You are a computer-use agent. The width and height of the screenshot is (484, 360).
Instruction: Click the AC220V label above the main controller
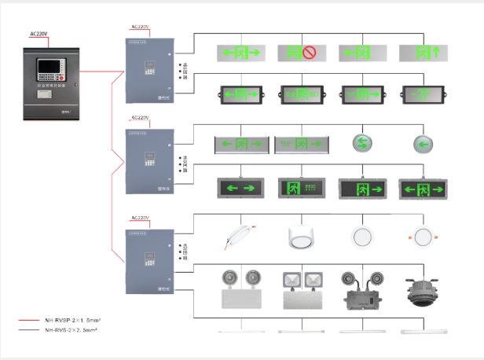tap(39, 34)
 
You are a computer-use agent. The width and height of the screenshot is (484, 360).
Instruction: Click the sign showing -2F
tap(422, 94)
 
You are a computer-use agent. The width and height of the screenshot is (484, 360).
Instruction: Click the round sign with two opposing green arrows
tap(361, 144)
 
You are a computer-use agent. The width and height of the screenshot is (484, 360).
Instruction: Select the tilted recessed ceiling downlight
tap(241, 235)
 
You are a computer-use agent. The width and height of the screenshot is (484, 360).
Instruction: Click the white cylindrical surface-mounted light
tap(301, 236)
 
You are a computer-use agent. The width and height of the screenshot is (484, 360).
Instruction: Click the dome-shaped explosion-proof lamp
tap(422, 290)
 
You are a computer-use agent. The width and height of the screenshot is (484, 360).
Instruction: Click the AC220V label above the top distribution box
tap(139, 27)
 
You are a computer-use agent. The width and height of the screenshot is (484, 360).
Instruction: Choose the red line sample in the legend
tap(34, 321)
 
